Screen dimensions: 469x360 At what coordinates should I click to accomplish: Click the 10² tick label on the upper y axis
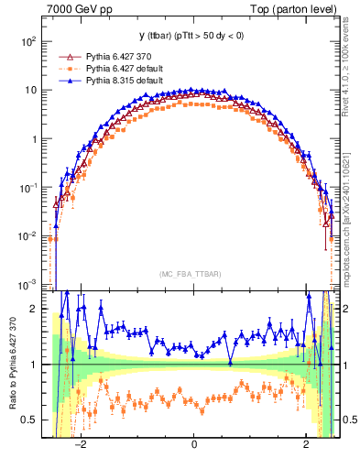[x=28, y=42]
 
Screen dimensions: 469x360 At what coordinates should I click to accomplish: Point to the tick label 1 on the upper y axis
[x=33, y=139]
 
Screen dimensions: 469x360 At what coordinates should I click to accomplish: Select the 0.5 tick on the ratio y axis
[x=29, y=420]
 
